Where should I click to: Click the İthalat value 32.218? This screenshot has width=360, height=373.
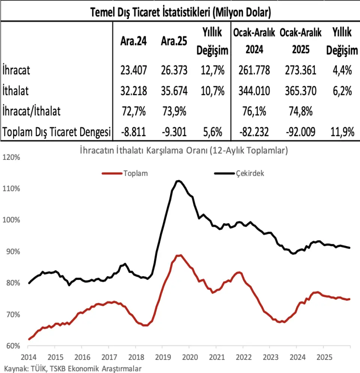[x=133, y=91]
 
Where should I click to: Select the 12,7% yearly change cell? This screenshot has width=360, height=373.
[x=213, y=70]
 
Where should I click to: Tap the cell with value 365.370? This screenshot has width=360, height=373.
[x=300, y=91]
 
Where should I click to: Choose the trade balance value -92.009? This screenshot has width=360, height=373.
[x=300, y=132]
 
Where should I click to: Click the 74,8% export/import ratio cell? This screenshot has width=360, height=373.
[x=300, y=111]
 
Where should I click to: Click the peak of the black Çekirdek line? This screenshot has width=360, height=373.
[x=179, y=181]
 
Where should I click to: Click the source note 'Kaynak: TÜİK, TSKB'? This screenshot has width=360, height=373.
[x=73, y=368]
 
